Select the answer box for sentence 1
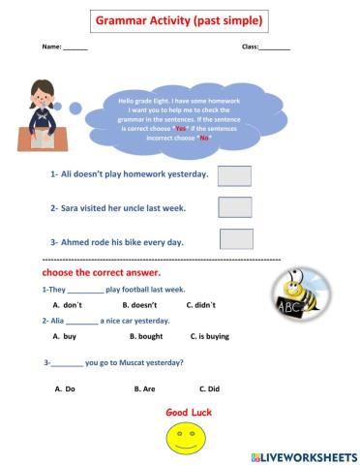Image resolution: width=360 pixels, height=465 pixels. point(234,175)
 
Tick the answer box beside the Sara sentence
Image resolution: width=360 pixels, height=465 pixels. point(234,207)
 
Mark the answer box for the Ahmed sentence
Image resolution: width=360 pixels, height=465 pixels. point(236,239)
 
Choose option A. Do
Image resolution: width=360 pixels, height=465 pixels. point(65,388)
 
